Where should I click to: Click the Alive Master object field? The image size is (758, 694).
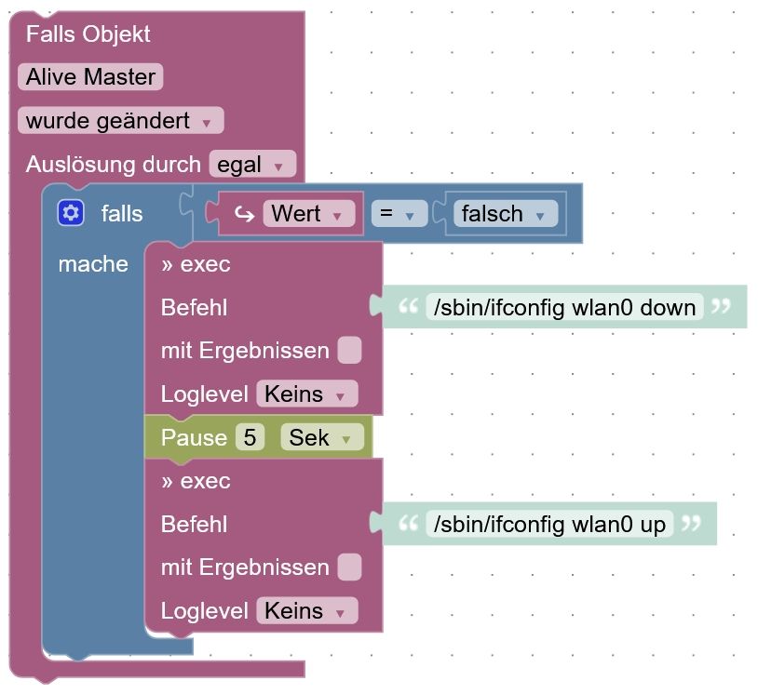tap(90, 77)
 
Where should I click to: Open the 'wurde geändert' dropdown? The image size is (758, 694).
tap(120, 121)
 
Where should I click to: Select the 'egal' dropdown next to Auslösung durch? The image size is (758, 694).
tap(252, 166)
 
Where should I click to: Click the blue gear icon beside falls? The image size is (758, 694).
tap(71, 214)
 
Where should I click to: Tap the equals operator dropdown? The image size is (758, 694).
tap(399, 214)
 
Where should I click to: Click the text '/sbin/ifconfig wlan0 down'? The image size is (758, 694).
tap(563, 307)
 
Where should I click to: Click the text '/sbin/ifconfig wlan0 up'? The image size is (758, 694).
tap(548, 525)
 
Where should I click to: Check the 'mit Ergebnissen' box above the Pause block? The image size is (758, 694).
tap(349, 351)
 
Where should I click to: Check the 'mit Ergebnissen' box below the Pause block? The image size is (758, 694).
tap(349, 567)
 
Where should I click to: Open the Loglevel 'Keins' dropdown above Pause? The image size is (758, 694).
tap(306, 394)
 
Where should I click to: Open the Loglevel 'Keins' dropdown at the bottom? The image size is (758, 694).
tap(306, 611)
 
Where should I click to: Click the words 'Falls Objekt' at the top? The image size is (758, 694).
tap(88, 34)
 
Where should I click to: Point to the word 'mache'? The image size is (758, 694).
tap(93, 264)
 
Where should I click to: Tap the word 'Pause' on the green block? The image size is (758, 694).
tap(194, 437)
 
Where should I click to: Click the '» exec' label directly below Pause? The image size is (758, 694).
tap(196, 481)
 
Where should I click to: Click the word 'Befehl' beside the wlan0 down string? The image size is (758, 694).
tap(194, 307)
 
